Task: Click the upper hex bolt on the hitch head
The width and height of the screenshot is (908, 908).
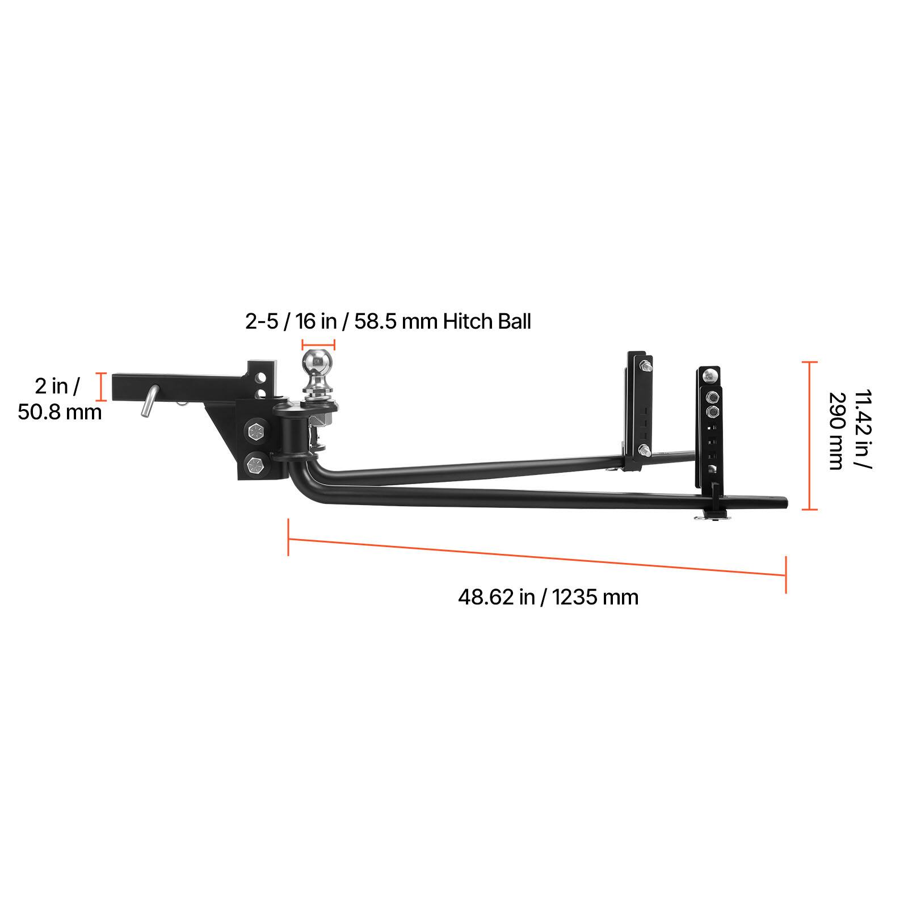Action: [254, 433]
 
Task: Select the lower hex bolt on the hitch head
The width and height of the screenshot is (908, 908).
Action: [254, 465]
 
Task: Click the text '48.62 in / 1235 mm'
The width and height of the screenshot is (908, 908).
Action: [548, 597]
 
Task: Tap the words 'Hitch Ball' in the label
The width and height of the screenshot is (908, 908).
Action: [487, 322]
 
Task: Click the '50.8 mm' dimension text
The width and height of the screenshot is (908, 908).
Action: [60, 411]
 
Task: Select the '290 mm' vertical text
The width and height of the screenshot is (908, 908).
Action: [835, 431]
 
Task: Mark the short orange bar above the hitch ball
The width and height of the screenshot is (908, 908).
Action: [318, 344]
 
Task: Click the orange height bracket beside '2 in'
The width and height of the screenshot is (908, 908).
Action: [102, 387]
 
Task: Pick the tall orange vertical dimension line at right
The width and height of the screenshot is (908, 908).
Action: [809, 435]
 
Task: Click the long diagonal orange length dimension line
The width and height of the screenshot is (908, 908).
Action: [537, 557]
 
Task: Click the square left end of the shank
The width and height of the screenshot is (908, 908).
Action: [116, 386]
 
